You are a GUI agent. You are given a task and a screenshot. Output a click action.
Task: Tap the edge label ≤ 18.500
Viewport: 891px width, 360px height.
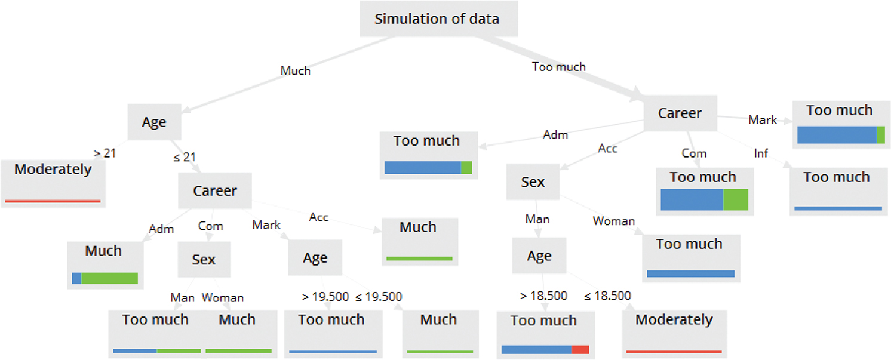pyautogui.click(x=607, y=296)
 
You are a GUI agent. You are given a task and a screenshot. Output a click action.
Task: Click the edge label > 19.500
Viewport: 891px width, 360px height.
pyautogui.click(x=322, y=297)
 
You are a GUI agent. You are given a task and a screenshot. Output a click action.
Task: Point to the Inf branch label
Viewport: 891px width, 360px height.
pyautogui.click(x=761, y=153)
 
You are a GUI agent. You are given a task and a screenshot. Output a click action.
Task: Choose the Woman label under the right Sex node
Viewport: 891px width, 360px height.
pyautogui.click(x=613, y=221)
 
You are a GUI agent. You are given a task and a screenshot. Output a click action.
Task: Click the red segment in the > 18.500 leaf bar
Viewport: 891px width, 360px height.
pyautogui.click(x=580, y=350)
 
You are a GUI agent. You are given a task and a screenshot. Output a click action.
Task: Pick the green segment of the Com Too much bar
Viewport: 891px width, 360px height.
pyautogui.click(x=735, y=200)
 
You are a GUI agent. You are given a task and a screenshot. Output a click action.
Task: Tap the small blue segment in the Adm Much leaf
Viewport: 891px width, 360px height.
pyautogui.click(x=76, y=278)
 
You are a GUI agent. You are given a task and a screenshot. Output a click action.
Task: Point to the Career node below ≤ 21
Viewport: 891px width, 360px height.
pyautogui.click(x=215, y=191)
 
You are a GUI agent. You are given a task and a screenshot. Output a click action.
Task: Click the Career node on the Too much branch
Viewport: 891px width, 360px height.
pyautogui.click(x=680, y=113)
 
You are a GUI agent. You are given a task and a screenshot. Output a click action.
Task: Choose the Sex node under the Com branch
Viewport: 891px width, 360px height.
pyautogui.click(x=204, y=260)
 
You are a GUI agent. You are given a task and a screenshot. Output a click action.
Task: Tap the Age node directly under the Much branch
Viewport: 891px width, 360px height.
pyautogui.click(x=154, y=122)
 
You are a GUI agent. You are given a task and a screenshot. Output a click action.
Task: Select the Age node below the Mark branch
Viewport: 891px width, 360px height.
pyautogui.click(x=315, y=258)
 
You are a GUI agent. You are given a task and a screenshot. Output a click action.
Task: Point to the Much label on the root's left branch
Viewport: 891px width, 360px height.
pyautogui.click(x=296, y=70)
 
